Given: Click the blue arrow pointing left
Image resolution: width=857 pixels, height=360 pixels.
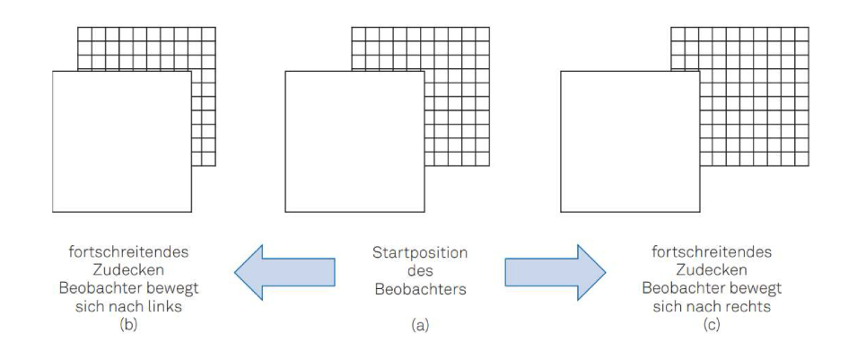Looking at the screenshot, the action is click(x=284, y=272).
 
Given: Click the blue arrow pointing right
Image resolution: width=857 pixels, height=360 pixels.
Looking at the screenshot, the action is click(x=555, y=272).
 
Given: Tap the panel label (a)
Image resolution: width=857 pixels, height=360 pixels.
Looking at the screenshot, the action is click(x=420, y=326).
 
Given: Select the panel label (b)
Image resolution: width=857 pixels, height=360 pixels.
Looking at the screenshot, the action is click(x=128, y=325).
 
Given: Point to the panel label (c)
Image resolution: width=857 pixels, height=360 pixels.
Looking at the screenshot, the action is click(x=712, y=325).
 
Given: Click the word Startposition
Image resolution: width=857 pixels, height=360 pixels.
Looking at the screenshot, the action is click(x=420, y=253).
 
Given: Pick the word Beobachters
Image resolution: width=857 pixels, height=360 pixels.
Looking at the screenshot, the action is click(x=420, y=289).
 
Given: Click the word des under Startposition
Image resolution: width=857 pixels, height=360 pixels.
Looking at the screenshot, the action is click(x=420, y=271).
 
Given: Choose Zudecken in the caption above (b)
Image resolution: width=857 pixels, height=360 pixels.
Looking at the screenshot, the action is click(x=128, y=270).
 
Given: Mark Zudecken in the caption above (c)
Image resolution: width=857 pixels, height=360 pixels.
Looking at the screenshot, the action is click(x=712, y=270).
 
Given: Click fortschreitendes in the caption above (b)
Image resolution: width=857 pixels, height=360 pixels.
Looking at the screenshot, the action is click(x=128, y=252).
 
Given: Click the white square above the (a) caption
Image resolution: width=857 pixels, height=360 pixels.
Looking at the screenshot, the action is click(x=354, y=142).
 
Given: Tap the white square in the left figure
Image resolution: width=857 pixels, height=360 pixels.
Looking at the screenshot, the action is click(x=122, y=142).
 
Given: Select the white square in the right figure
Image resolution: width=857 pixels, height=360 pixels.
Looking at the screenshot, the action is click(x=630, y=142).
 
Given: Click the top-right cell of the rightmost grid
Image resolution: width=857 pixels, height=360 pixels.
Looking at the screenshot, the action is click(x=801, y=34).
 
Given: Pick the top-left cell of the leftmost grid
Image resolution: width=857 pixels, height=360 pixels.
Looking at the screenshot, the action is click(x=84, y=34).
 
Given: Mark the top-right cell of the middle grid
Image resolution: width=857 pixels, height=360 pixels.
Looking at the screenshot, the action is click(x=483, y=34).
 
